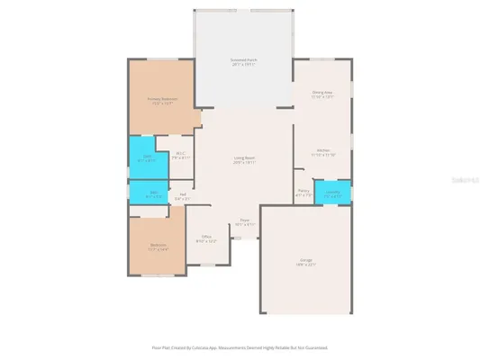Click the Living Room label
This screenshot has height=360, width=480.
pyautogui.click(x=245, y=158)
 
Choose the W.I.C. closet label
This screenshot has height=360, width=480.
pyautogui.click(x=180, y=153)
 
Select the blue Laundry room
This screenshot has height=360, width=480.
pyautogui.click(x=332, y=193)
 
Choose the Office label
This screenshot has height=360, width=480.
pyautogui.click(x=206, y=237)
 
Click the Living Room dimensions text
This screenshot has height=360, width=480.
pyautogui.click(x=245, y=164)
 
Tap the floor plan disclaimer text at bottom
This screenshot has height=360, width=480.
pyautogui.click(x=239, y=346)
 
